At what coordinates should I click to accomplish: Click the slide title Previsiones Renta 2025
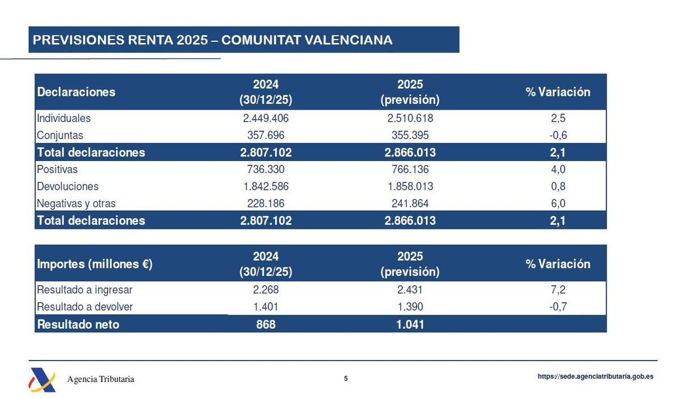point(212,40)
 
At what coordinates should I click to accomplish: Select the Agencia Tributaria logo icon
point(43,379)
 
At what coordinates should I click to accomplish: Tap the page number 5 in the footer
point(346,379)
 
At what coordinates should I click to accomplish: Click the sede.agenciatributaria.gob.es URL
point(595,376)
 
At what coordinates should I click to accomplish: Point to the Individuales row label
point(63,119)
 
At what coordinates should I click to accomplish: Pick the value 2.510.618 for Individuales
point(410,119)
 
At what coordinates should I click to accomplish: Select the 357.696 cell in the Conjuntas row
point(265,136)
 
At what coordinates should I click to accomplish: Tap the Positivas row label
point(57,170)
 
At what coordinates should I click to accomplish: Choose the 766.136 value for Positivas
point(410,170)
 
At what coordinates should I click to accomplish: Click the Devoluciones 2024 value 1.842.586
point(265,187)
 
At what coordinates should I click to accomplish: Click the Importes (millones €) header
point(94,264)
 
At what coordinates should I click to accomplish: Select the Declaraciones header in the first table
point(76,92)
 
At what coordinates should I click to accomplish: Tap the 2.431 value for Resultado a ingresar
point(410,290)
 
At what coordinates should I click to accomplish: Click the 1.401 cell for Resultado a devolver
point(265,307)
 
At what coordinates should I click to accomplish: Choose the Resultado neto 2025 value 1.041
point(410,324)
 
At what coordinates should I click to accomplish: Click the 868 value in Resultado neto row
point(265,324)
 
